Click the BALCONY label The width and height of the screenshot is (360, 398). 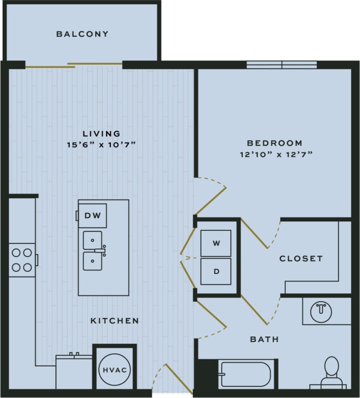[x=83, y=34]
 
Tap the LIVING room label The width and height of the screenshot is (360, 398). [x=101, y=134]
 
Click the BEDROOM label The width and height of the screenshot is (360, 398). [x=274, y=143]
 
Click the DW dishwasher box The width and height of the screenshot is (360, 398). [x=92, y=216]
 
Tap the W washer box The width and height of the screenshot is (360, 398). [x=215, y=243]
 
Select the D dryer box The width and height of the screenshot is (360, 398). [x=215, y=271]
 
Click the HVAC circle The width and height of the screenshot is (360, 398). [x=114, y=370]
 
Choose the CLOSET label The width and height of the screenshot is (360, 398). [x=301, y=259]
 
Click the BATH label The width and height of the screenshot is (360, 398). [x=264, y=340]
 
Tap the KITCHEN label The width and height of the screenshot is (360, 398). [x=115, y=321]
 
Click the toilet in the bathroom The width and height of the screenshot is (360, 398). [x=331, y=372]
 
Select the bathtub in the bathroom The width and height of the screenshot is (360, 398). [x=246, y=374]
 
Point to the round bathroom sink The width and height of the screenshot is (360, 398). [x=321, y=311]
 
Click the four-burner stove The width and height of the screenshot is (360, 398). [x=22, y=260]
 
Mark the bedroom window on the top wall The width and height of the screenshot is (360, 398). [x=282, y=65]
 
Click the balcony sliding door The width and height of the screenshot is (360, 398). [x=74, y=65]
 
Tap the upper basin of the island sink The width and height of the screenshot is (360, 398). [x=92, y=240]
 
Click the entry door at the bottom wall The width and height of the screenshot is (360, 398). [x=172, y=381]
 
